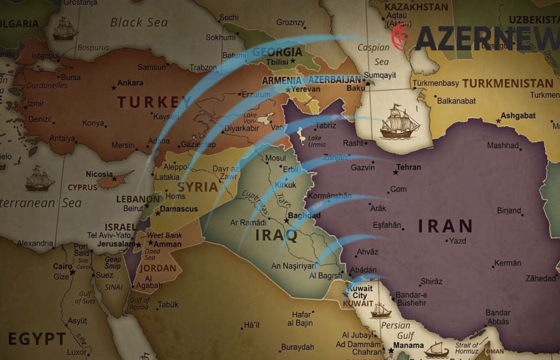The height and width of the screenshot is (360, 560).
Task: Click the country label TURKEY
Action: point(155,102)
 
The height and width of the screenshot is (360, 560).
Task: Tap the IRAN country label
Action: point(446,226)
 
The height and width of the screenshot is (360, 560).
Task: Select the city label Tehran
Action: point(408,168)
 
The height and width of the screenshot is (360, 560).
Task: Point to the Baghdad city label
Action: point(304,215)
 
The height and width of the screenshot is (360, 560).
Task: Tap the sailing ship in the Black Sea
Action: point(65,29)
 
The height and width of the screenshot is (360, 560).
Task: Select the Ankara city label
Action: point(130,82)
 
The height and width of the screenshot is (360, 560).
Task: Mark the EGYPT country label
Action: point(37,338)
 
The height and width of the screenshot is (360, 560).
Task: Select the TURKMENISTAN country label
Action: point(508,83)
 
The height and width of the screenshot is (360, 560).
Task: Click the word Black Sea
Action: point(139,22)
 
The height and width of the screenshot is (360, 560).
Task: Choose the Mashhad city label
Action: point(502,145)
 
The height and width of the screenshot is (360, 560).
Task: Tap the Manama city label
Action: point(408,346)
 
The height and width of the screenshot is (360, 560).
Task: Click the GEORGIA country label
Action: point(277,52)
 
